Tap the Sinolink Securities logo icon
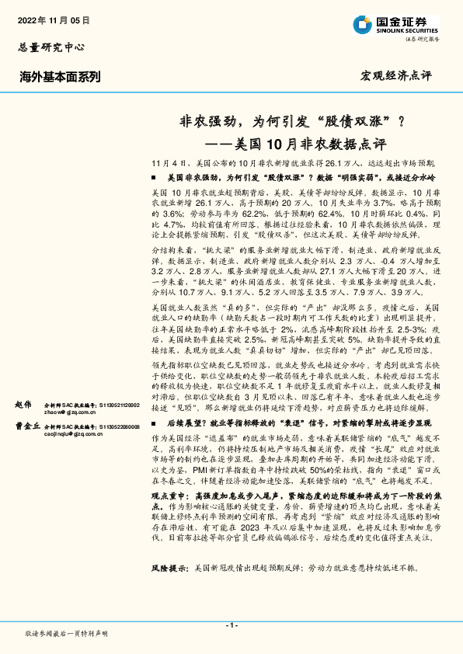coord(362,25)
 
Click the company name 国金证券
coord(403,21)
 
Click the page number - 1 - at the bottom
coord(231,625)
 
